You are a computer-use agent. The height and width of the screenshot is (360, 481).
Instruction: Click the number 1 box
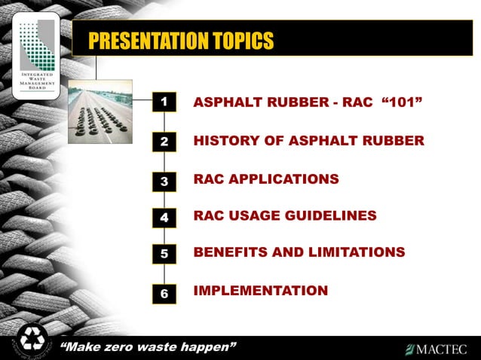[x=164, y=101]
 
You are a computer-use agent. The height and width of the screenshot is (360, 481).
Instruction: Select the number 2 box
[x=164, y=141]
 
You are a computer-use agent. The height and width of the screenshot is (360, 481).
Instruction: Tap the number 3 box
[x=164, y=181]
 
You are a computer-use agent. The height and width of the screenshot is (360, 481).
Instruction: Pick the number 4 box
[x=164, y=218]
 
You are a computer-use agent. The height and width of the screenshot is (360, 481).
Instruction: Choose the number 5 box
[x=164, y=255]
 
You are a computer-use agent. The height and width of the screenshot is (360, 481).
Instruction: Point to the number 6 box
[x=164, y=294]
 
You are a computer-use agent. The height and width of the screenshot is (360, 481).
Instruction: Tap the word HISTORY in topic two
[x=222, y=141]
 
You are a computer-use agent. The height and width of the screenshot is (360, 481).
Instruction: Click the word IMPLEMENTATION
[x=261, y=290]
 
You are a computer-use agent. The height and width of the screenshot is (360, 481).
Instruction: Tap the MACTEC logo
[x=436, y=349]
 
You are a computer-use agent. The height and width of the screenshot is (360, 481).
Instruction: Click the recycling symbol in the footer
[x=32, y=340]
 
